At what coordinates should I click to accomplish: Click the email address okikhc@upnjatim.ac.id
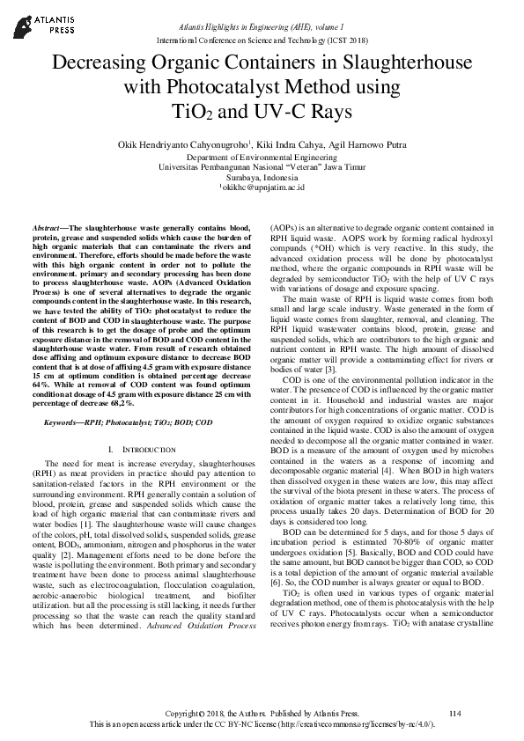(262, 187)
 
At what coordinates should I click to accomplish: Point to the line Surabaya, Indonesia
(262, 177)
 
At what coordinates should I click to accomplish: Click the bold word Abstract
(49, 227)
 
